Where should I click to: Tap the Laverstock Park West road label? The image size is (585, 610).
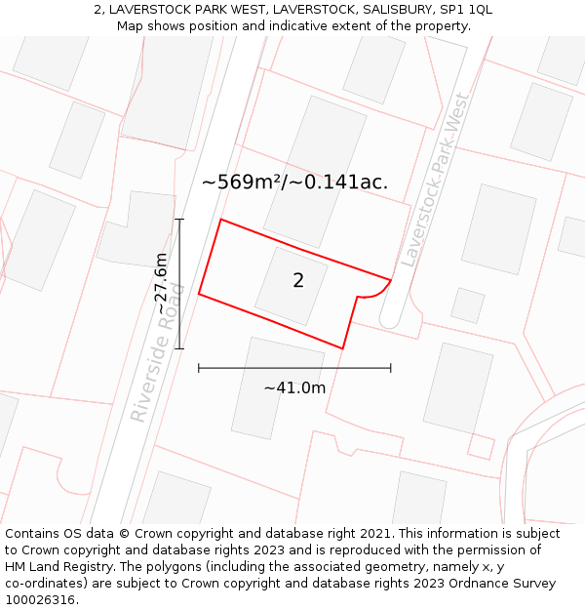(x=436, y=181)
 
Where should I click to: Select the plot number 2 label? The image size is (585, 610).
(x=298, y=281)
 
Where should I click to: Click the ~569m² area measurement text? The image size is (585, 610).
(x=242, y=182)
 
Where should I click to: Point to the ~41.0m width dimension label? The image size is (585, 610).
(x=294, y=387)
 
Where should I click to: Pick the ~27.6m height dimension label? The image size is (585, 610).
(x=162, y=283)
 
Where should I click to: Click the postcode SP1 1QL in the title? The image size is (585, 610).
(x=467, y=9)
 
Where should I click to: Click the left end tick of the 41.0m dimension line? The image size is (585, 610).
(x=199, y=368)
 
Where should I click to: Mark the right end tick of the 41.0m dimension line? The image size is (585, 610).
(x=391, y=368)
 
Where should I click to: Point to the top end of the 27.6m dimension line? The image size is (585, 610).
(x=179, y=220)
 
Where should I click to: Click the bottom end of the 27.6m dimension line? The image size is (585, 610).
(x=179, y=348)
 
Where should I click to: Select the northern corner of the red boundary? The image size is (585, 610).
(x=221, y=220)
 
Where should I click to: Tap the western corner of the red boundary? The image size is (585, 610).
(x=199, y=293)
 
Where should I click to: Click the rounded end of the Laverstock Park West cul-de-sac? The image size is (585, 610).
(x=388, y=318)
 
